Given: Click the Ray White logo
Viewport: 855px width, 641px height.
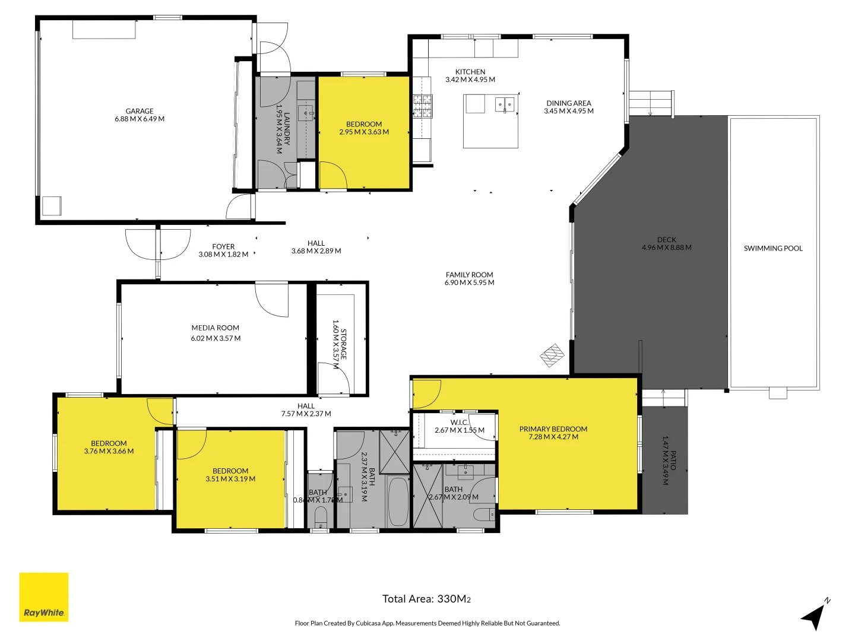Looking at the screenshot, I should click(x=44, y=597).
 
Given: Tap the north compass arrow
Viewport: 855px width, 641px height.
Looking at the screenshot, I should click(x=815, y=616).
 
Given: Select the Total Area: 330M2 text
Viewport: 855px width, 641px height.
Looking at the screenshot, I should click(x=426, y=599).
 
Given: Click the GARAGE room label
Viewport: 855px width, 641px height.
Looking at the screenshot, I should click(x=140, y=111).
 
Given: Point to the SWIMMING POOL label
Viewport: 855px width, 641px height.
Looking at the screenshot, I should click(x=773, y=249).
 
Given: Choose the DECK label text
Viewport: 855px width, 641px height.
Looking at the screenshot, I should click(x=666, y=240).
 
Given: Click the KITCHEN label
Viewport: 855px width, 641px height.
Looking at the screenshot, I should click(x=470, y=72).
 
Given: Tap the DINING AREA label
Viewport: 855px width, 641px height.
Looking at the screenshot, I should click(x=568, y=103).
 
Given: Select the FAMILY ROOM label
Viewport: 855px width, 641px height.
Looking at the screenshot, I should click(x=469, y=275).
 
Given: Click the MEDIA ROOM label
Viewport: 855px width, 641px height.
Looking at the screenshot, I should click(x=215, y=328).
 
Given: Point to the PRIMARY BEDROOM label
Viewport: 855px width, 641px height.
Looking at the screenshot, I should click(x=553, y=429).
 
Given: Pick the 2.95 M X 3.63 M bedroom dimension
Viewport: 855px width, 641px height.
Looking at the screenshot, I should click(x=364, y=132).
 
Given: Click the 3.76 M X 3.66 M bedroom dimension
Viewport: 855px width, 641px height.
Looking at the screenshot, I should click(x=109, y=451).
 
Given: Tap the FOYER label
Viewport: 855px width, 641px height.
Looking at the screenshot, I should click(x=223, y=246).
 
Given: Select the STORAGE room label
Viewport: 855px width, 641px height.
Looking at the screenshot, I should click(x=344, y=344).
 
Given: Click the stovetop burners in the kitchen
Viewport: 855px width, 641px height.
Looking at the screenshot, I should click(x=422, y=106).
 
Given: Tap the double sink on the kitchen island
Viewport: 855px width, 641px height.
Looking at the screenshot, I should click(x=505, y=105).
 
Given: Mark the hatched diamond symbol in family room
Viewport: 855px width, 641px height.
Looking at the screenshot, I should click(x=552, y=356).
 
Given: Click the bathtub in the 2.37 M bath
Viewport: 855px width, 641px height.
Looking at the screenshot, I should click(x=398, y=502).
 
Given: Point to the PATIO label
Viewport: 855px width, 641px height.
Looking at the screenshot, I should click(x=673, y=461).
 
